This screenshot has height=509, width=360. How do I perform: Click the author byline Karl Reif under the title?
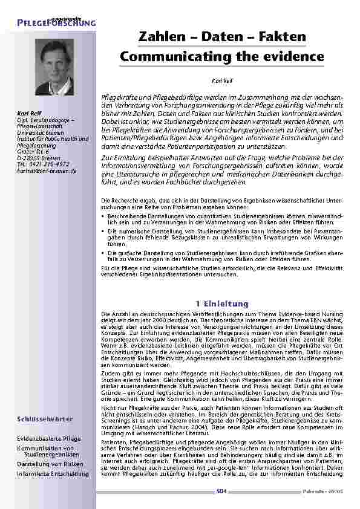(221, 80)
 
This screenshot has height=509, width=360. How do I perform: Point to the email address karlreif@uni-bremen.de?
(47, 171)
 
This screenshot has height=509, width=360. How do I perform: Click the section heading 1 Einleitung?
(222, 303)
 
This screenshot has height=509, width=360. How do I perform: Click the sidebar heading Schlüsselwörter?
(45, 418)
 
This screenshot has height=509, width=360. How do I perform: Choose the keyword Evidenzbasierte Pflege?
(49, 437)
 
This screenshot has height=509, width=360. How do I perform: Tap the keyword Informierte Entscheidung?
(53, 473)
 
